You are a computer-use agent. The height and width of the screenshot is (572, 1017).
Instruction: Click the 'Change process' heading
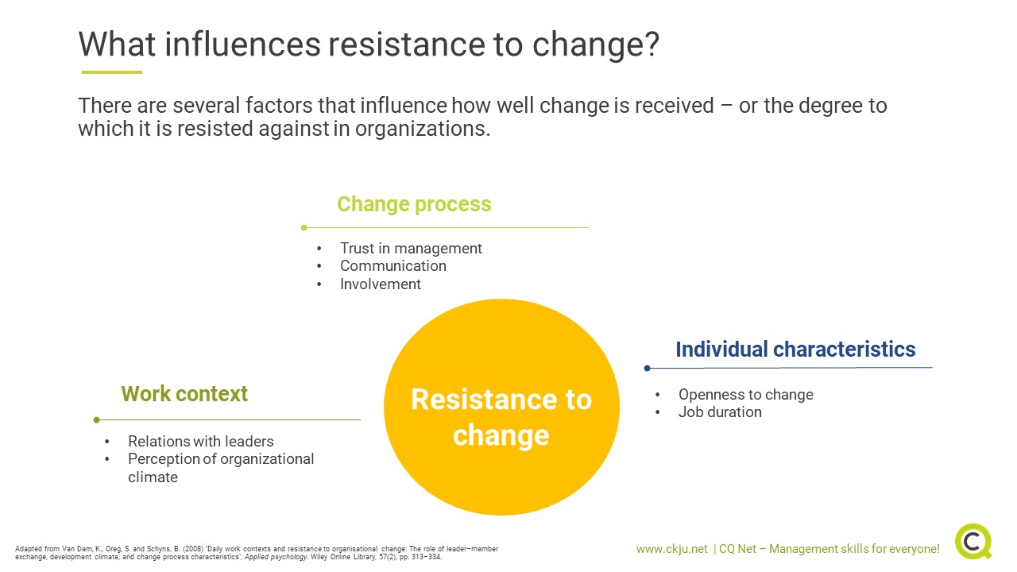point(414,204)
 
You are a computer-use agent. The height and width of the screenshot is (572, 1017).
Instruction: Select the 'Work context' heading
point(184,393)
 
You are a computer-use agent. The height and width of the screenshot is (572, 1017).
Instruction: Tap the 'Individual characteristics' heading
point(795,350)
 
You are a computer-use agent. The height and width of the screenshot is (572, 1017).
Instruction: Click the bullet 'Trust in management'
point(411,249)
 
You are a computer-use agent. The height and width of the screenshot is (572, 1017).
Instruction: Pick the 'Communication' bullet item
point(393,266)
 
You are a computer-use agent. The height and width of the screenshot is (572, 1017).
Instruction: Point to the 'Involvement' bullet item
point(381,284)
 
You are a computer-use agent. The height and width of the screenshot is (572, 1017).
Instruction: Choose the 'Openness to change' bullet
point(746,395)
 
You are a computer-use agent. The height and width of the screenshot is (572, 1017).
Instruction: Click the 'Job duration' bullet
point(720,412)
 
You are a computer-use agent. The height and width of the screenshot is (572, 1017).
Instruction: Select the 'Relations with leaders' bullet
point(201,441)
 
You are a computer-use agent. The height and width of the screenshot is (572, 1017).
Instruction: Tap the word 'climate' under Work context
point(153,477)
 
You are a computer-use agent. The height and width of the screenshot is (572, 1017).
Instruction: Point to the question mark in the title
point(652,44)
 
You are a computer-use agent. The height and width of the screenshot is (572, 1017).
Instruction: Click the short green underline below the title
point(112,72)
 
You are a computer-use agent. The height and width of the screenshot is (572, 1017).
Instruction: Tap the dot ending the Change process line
point(304,228)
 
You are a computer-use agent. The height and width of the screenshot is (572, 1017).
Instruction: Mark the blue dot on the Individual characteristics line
point(648,368)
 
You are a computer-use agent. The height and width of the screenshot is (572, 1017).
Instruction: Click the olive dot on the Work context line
point(96,420)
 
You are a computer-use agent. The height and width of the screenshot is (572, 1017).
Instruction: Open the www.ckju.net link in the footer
point(672,549)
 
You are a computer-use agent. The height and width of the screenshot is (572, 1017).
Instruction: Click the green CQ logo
point(973,542)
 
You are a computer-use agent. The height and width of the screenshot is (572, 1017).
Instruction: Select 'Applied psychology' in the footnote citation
point(275,557)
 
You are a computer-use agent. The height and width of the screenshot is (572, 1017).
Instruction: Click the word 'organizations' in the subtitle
point(423,129)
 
